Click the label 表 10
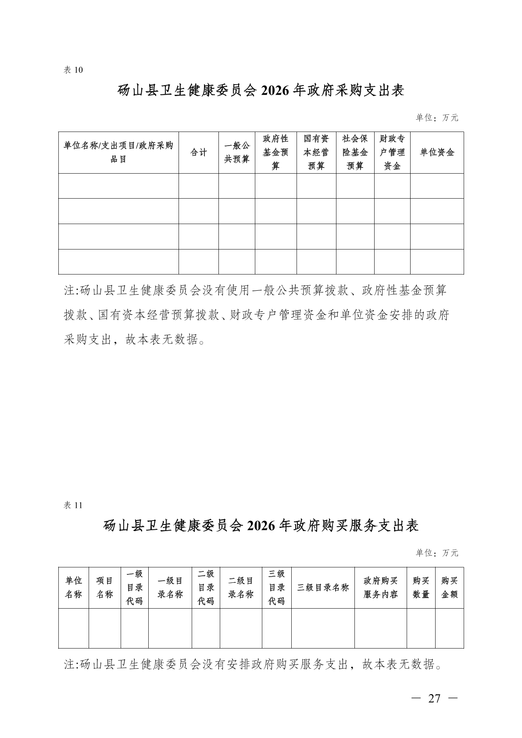73,70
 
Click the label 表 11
73,505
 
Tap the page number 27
434,699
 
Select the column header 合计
198,153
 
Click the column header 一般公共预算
237,153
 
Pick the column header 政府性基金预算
275,153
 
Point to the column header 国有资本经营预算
316,153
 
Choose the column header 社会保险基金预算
355,153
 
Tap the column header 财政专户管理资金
392,153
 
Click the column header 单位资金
437,153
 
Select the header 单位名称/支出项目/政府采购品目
118,153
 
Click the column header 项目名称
104,588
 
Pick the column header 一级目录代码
135,588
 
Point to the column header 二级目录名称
241,588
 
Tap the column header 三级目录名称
323,588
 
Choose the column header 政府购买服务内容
381,588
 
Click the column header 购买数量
421,588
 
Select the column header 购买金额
449,588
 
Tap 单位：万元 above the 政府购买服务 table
437,553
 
